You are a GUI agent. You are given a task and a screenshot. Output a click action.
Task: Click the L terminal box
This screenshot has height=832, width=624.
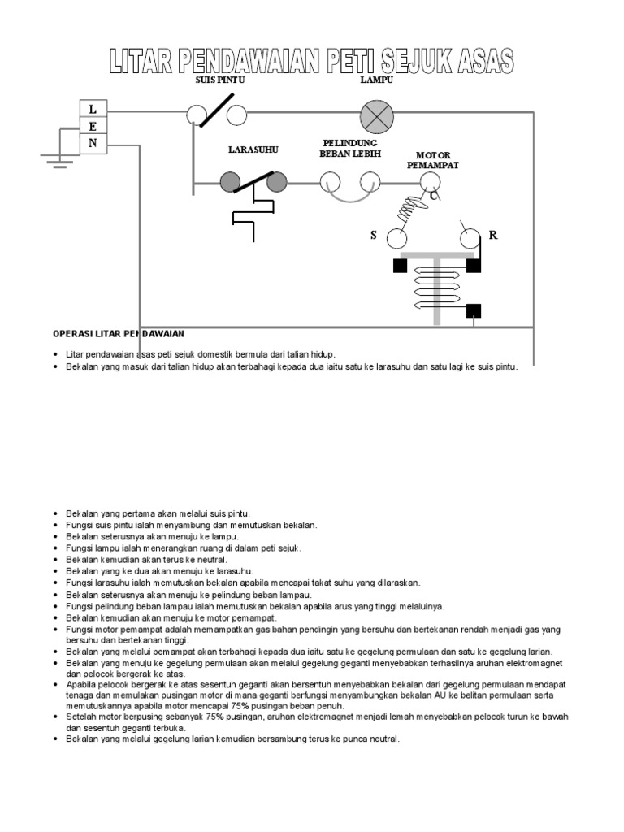click(93, 109)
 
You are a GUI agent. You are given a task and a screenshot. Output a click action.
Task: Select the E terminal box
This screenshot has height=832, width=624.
click(93, 127)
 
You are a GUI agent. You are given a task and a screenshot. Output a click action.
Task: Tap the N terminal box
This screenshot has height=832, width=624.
click(93, 144)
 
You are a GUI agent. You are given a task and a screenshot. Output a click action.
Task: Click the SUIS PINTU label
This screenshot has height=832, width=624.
click(219, 80)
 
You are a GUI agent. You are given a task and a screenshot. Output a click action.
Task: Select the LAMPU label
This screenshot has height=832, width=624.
click(377, 80)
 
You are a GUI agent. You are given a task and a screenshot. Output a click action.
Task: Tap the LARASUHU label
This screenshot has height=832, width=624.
click(251, 150)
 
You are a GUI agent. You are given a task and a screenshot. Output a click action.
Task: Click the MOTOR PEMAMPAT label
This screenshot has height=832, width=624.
click(433, 160)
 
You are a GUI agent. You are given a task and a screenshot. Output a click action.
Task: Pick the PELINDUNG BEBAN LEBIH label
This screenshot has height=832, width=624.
click(350, 148)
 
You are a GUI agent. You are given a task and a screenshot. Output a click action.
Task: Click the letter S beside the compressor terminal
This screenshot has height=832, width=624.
click(374, 236)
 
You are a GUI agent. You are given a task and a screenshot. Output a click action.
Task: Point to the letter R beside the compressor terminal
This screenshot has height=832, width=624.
click(492, 236)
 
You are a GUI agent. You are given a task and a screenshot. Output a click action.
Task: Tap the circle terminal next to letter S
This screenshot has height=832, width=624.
click(396, 237)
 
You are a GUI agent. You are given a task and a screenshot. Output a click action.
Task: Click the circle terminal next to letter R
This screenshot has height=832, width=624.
click(470, 237)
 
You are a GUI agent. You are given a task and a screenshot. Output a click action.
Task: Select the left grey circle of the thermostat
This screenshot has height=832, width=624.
click(231, 181)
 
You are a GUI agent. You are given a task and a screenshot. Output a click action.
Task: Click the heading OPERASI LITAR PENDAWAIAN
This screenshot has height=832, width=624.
click(119, 334)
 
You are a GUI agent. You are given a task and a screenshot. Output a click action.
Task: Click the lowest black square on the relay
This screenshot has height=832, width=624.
click(474, 310)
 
